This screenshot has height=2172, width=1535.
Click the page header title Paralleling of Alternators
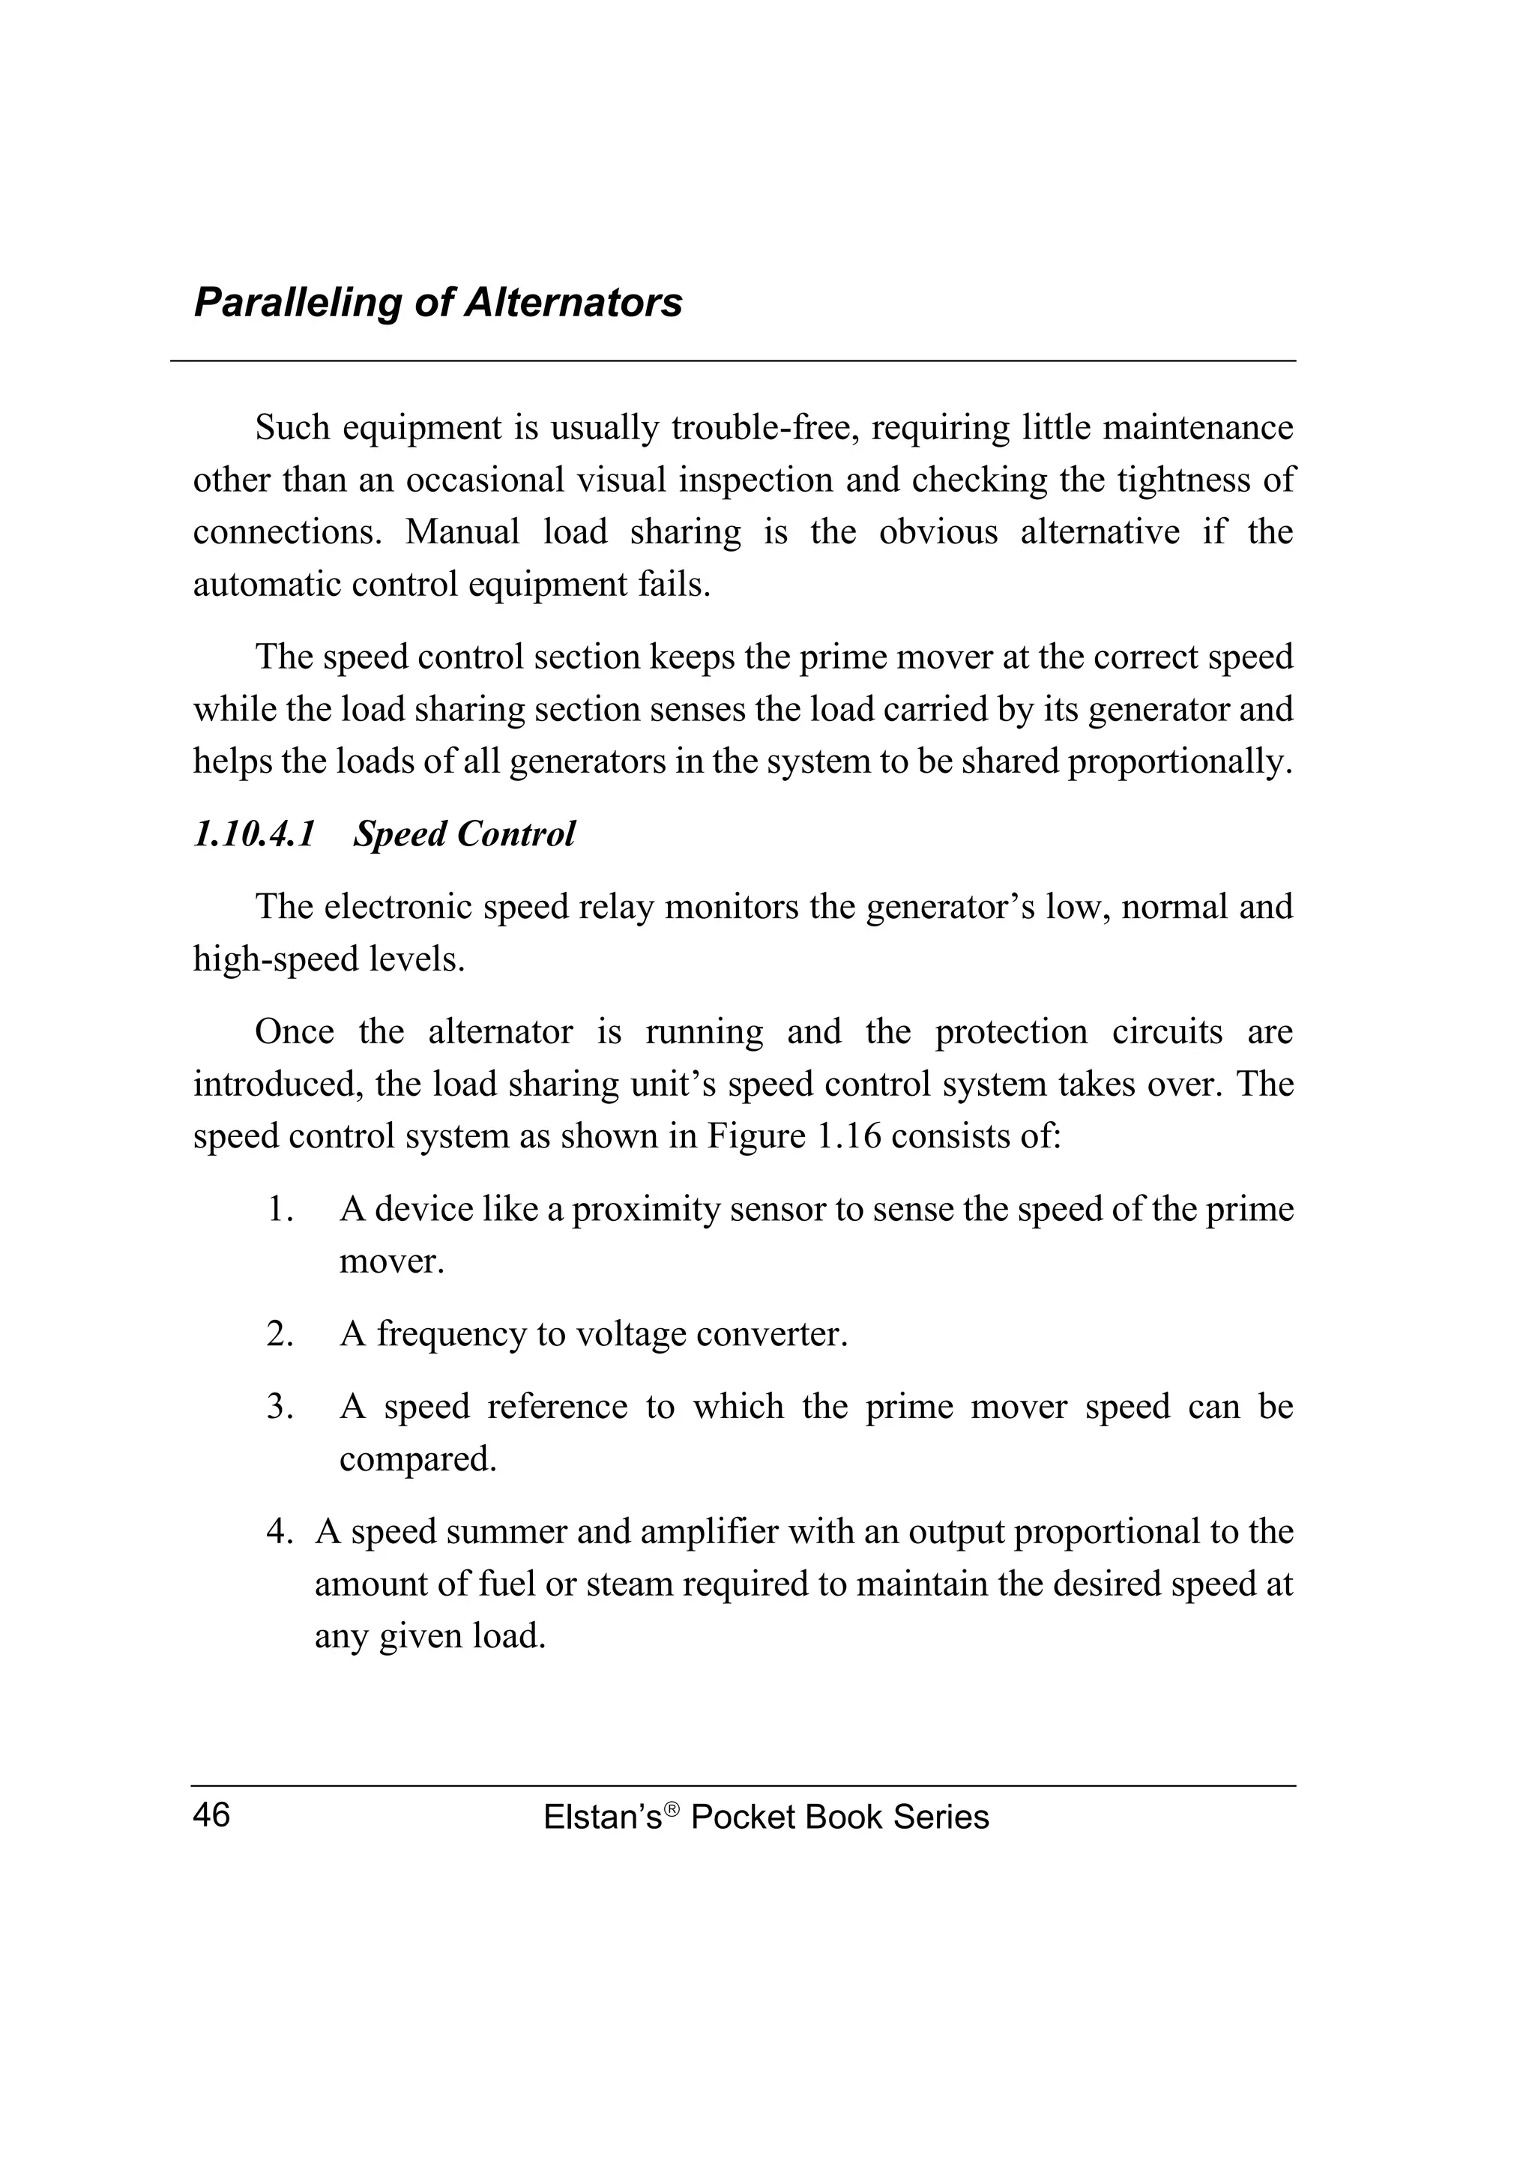pos(437,304)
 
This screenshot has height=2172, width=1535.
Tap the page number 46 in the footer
pos(211,1815)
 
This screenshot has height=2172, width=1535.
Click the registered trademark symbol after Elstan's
pos(672,1809)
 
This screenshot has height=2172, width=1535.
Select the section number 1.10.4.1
pos(253,834)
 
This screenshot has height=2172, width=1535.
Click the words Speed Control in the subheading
pos(463,834)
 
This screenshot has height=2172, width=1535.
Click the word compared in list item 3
pos(417,1460)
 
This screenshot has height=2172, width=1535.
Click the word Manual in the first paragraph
pos(462,533)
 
